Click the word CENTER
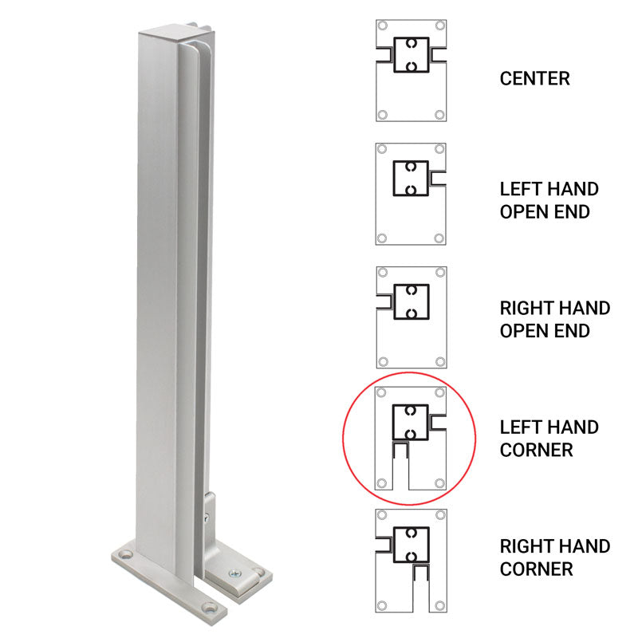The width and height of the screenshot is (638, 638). pyautogui.click(x=534, y=78)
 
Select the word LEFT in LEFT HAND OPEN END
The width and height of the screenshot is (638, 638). pyautogui.click(x=520, y=189)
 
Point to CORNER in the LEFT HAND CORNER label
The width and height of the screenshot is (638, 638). pyautogui.click(x=536, y=450)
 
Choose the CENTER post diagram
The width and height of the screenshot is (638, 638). pyautogui.click(x=411, y=71)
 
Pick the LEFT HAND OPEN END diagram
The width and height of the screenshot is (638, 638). pyautogui.click(x=411, y=194)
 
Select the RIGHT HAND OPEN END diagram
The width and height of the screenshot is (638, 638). pyautogui.click(x=411, y=316)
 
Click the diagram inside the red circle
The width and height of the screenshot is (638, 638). pyautogui.click(x=411, y=438)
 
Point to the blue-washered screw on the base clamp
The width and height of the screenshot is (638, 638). pyautogui.click(x=234, y=571)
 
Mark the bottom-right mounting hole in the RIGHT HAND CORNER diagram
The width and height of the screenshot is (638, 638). pyautogui.click(x=439, y=604)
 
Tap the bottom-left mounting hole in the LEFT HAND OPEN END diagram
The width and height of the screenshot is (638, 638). pyautogui.click(x=383, y=238)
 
